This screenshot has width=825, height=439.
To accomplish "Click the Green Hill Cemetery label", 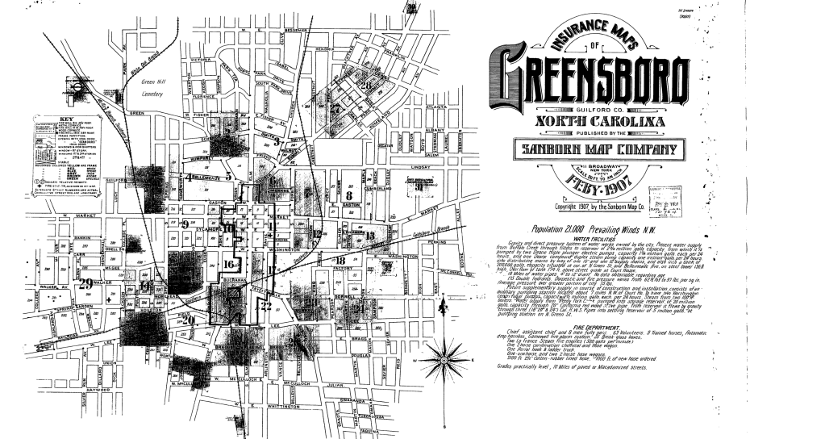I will tap(152, 88).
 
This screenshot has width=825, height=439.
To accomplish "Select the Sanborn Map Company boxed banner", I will tap(587, 150).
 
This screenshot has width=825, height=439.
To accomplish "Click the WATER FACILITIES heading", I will tap(593, 239).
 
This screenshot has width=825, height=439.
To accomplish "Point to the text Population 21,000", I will tap(555, 228).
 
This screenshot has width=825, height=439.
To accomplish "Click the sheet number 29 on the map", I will tap(86, 283).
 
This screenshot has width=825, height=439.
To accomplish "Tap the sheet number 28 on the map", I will tap(365, 85).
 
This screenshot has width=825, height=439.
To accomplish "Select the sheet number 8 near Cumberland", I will tap(349, 195).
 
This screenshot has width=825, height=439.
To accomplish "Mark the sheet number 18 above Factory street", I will tap(341, 260).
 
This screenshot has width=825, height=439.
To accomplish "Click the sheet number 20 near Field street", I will tap(189, 320).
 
